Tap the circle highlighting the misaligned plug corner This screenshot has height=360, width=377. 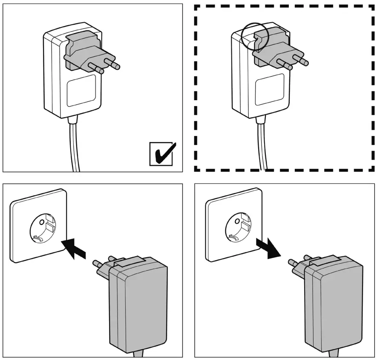coord(254,37)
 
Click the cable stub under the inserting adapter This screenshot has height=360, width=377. coord(139,354)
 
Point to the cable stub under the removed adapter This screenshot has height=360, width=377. coord(334,354)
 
